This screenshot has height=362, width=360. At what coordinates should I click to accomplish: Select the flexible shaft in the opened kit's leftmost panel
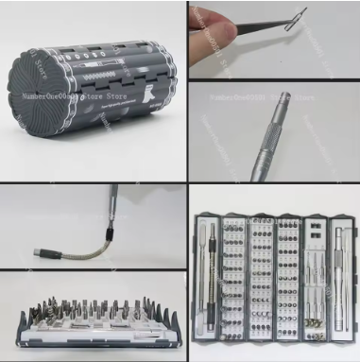pos(204,284)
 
